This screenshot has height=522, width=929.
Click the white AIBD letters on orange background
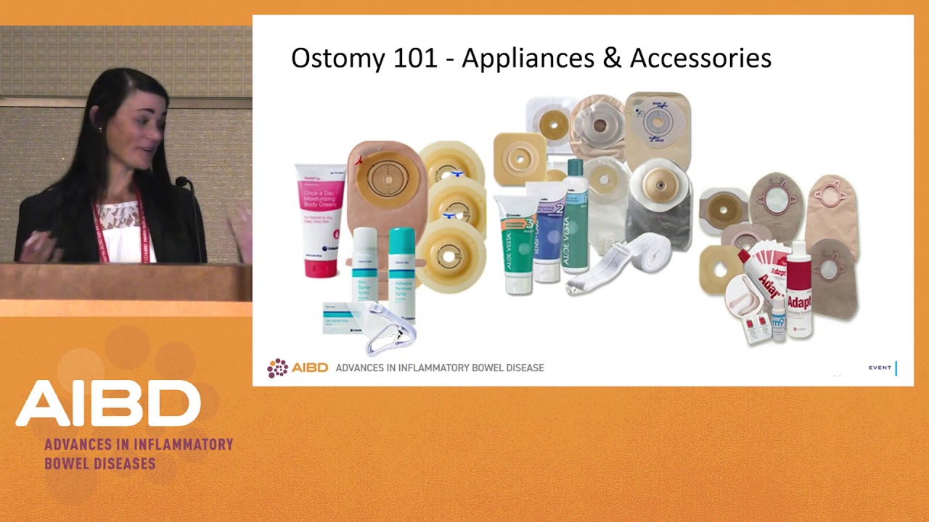(108, 403)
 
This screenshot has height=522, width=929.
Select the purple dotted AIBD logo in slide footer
(278, 368)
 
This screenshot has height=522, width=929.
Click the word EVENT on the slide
(880, 368)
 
